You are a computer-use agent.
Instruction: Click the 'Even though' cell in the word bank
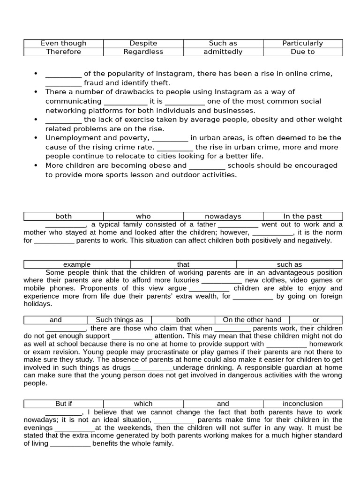click(x=63, y=43)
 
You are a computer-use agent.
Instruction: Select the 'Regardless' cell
click(x=143, y=52)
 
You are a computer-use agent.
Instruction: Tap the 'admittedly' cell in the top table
click(x=223, y=52)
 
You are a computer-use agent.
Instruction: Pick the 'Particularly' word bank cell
click(x=302, y=43)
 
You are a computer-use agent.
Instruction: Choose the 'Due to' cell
click(x=302, y=52)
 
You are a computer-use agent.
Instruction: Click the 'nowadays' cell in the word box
click(x=223, y=216)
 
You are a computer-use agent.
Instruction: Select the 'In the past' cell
click(x=302, y=216)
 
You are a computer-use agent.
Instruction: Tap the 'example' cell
click(x=77, y=264)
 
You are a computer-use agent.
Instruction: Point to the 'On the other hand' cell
click(x=252, y=320)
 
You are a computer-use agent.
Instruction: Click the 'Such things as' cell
click(x=120, y=320)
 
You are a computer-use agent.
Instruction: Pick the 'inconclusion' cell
click(x=302, y=404)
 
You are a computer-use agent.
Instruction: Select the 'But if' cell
click(x=63, y=404)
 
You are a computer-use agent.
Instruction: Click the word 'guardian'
click(x=303, y=367)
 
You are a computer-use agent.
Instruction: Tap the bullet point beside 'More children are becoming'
click(x=36, y=165)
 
